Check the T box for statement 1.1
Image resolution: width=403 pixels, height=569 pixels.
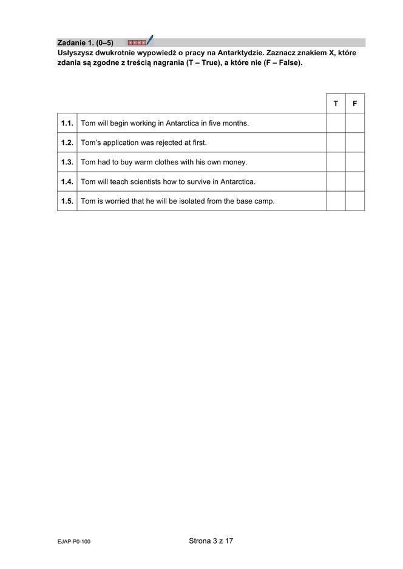pos(336,123)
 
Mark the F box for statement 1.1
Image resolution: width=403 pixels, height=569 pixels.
pos(355,123)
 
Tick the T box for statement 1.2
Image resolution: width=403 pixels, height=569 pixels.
pos(336,143)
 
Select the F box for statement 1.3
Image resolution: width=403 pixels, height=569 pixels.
pos(355,162)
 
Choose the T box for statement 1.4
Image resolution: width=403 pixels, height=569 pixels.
pos(336,181)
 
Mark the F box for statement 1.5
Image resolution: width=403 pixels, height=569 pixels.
pos(355,201)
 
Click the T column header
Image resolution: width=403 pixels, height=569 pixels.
pos(336,104)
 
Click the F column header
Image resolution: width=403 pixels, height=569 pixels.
pos(355,104)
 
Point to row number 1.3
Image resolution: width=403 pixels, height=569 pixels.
pos(67,162)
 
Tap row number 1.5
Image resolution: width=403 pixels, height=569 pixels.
pos(67,201)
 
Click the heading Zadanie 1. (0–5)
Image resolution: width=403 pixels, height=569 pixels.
pos(85,43)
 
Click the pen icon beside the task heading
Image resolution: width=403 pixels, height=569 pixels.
pos(149,41)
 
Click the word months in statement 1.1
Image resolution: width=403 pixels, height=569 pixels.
pos(234,123)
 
